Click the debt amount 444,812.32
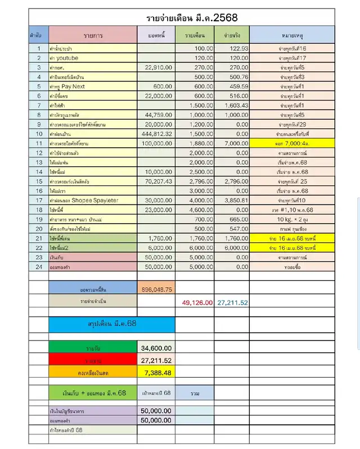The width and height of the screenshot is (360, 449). pos(156,134)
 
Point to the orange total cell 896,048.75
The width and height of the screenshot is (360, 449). pos(157,289)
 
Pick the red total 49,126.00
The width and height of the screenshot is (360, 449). pos(197,302)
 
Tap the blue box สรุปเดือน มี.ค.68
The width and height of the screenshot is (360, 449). pos(111,324)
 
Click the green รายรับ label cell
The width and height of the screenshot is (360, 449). pos(93,348)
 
